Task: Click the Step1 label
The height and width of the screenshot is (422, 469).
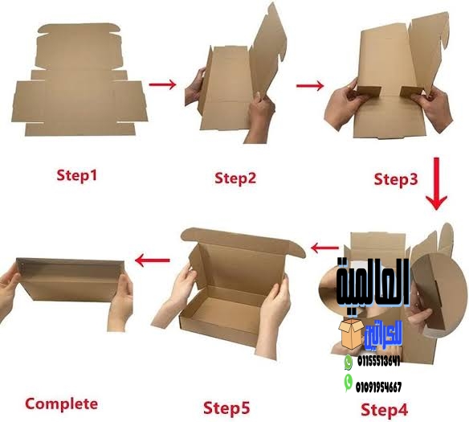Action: tap(77, 174)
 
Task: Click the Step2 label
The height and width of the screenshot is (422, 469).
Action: tap(235, 177)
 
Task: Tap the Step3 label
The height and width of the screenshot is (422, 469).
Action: tap(397, 178)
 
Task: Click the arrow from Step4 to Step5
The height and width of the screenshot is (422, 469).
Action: tap(324, 248)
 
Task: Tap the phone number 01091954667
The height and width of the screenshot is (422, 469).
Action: tap(379, 387)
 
